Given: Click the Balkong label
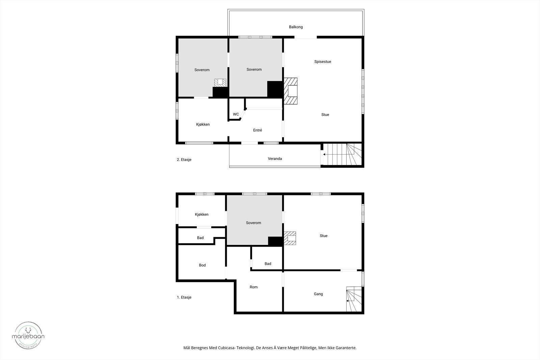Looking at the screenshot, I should [296, 27].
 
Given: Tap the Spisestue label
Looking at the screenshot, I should [322, 62].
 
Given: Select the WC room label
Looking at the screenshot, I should [236, 114].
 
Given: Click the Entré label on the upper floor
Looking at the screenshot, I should [257, 130].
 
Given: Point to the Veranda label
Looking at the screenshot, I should [275, 159].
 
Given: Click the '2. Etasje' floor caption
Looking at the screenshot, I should [184, 160].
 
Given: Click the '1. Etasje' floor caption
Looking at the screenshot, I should [184, 297].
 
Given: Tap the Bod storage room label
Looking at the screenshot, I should [202, 265].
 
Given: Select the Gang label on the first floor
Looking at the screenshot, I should [318, 294].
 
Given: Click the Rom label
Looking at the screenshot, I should [253, 287].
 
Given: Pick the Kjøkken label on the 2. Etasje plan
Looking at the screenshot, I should [202, 124].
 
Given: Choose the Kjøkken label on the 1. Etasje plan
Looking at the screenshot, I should [201, 215].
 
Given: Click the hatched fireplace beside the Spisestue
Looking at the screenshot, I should [291, 91].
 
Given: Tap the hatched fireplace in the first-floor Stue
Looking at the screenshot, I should [290, 238].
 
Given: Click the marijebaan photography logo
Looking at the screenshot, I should [28, 335].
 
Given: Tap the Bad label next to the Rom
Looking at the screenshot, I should [268, 264].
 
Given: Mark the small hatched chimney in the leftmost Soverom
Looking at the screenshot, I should [220, 82].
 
